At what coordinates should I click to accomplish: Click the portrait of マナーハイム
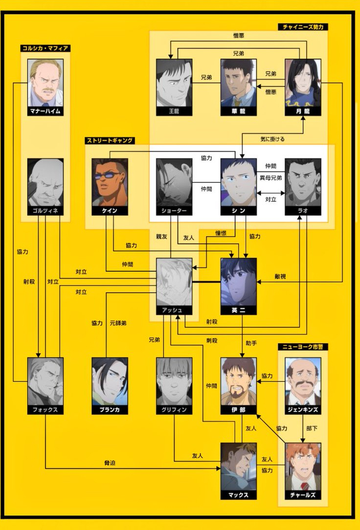45,83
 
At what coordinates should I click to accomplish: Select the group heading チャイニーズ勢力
303,27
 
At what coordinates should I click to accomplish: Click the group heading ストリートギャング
110,140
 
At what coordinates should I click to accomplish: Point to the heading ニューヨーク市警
303,347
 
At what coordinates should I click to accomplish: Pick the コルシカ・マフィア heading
45,48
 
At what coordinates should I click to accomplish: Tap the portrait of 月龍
303,83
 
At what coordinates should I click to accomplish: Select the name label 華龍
239,111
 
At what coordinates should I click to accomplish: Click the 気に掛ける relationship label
272,139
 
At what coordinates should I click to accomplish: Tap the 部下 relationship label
311,428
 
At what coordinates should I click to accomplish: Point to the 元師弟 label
118,323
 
